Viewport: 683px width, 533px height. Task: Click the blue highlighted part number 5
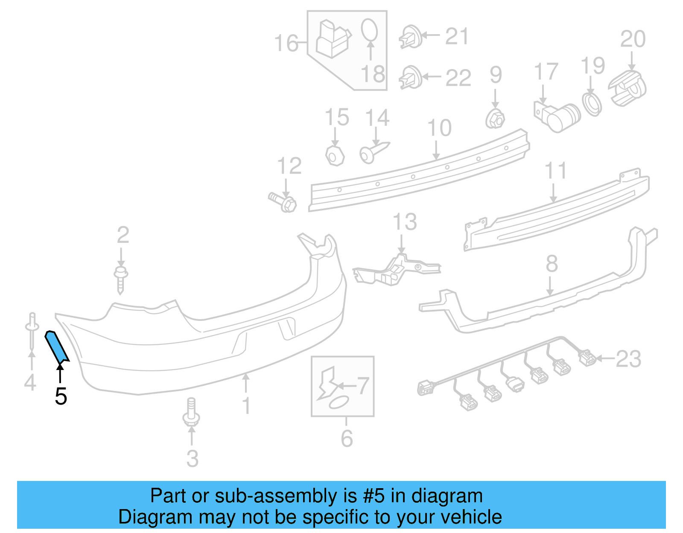[x=56, y=347]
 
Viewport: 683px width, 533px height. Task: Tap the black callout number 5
[x=61, y=396]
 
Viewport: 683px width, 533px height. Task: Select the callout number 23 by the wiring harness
[x=628, y=359]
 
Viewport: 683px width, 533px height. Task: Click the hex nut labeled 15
[x=335, y=156]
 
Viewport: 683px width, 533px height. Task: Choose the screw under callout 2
[x=121, y=279]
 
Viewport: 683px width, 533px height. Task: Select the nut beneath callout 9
[x=495, y=118]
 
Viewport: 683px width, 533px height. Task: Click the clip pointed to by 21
[x=411, y=37]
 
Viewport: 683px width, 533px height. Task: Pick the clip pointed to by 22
[x=411, y=78]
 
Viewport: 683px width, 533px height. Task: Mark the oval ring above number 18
[x=369, y=30]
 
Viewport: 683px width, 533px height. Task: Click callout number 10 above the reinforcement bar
[x=439, y=128]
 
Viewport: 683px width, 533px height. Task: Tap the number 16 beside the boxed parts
[x=286, y=43]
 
